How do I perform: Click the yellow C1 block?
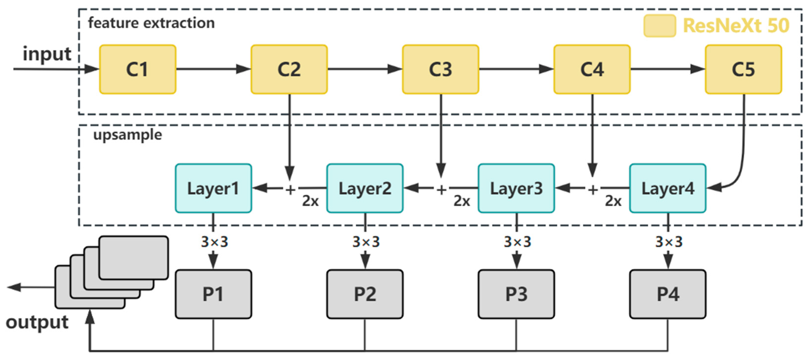coord(137,69)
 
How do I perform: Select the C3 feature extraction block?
coord(440,69)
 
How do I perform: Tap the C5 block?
coord(743,69)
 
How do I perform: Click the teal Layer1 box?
coord(213,188)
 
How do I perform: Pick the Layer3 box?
coord(516,188)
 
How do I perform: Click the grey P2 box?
coord(365,294)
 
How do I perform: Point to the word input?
coord(47,54)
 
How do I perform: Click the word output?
coord(37,322)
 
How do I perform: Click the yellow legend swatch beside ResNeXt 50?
coord(659,26)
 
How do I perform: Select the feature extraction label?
coord(151,23)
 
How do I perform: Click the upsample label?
coord(128,135)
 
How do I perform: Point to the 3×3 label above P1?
coord(214,242)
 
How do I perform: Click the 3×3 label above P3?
coord(517,242)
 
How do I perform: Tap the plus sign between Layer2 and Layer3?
coord(441,189)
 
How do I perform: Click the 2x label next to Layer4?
coord(613,201)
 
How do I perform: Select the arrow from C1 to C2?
coord(213,69)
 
